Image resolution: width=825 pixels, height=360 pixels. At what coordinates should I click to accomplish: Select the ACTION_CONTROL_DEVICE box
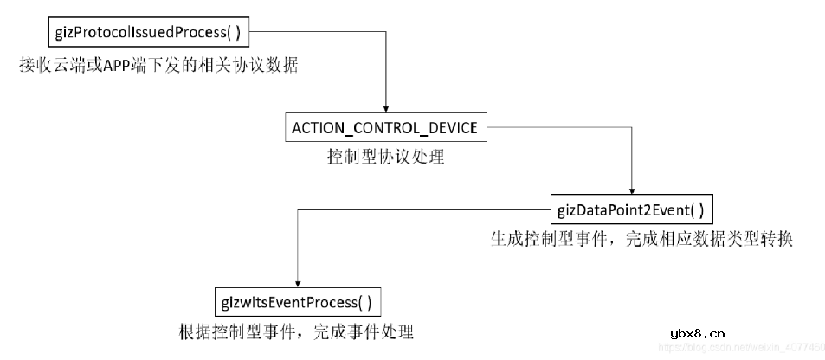[x=384, y=128]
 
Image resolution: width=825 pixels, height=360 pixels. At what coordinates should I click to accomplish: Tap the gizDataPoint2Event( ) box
[x=631, y=209]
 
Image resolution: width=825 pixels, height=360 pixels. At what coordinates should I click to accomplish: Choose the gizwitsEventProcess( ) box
[x=297, y=302]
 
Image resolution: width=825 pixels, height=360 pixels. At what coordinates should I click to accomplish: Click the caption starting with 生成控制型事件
[x=641, y=239]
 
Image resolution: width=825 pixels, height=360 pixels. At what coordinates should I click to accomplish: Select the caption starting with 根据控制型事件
[x=296, y=332]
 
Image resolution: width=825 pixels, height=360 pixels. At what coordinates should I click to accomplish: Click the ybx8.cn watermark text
[x=698, y=332]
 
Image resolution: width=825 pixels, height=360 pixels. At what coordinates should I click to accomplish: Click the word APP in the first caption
[x=118, y=66]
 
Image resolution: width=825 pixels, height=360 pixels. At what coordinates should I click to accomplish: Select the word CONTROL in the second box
[x=392, y=128]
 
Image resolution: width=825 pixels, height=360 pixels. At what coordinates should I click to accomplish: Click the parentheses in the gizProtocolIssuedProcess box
[x=231, y=34]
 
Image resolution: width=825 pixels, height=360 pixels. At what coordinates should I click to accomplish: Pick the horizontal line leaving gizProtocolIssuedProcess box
[x=320, y=34]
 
